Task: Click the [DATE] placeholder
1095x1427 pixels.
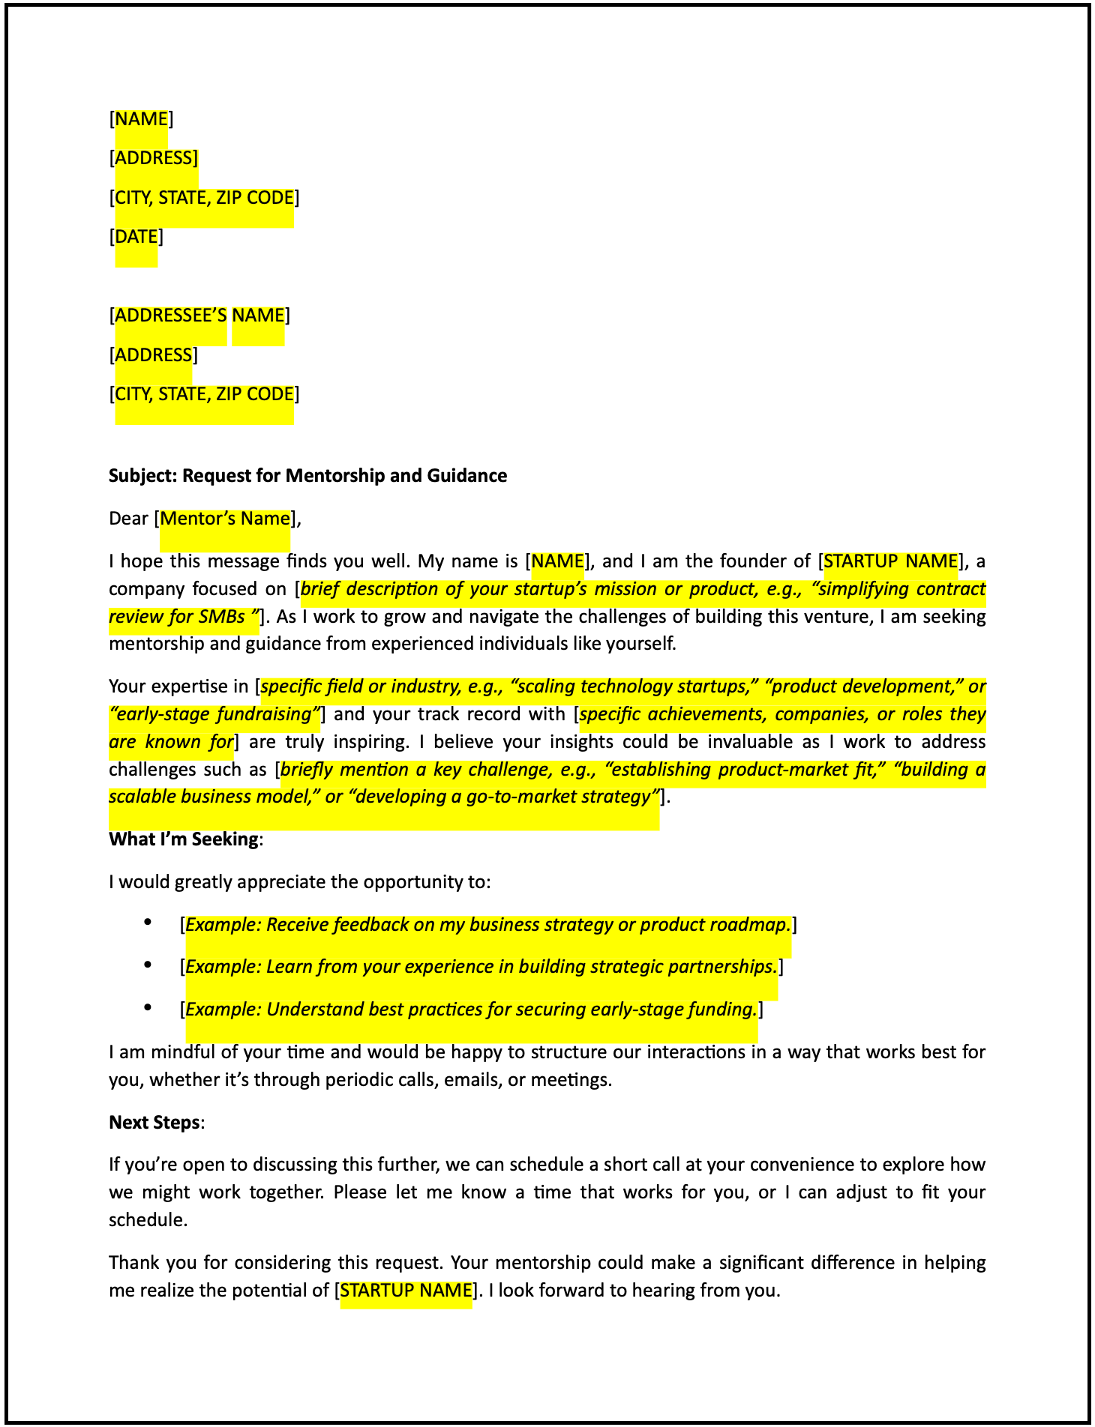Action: (136, 237)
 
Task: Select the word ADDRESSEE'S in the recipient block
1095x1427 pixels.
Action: (170, 316)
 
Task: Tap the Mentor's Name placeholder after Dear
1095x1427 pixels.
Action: (225, 519)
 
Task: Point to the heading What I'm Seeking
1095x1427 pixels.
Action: (184, 839)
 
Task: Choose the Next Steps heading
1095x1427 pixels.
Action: (154, 1122)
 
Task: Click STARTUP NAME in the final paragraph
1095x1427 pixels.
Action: (406, 1290)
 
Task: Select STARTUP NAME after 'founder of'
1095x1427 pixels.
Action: (891, 561)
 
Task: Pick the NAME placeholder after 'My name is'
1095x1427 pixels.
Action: (558, 561)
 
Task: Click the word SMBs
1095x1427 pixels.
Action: (223, 617)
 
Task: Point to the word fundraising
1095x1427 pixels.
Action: (267, 713)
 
